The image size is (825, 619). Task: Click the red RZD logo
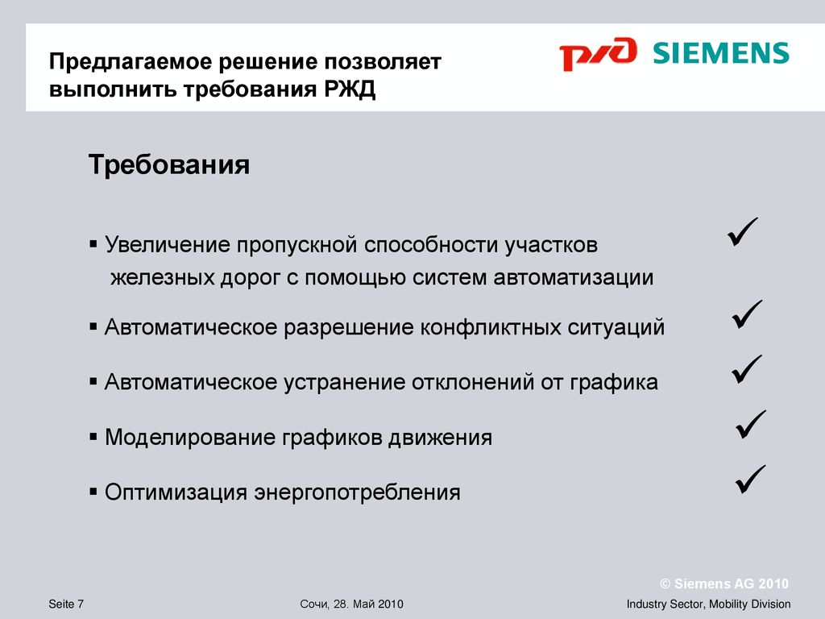(x=598, y=53)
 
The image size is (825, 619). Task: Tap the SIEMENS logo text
(x=721, y=53)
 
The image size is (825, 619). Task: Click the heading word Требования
(x=169, y=164)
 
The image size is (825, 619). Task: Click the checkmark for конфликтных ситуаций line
(x=747, y=314)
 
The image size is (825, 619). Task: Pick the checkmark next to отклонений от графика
(x=747, y=369)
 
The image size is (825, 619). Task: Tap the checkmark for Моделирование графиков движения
(x=751, y=424)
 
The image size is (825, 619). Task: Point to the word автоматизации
(x=574, y=277)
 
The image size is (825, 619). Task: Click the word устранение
(x=344, y=382)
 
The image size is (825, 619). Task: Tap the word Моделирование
(x=190, y=438)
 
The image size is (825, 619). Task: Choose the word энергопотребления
(x=357, y=493)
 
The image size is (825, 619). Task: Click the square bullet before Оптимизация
(x=93, y=492)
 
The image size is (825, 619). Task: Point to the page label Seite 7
(x=66, y=604)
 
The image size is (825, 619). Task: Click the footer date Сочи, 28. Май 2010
(x=351, y=604)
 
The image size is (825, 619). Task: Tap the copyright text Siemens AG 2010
(x=724, y=584)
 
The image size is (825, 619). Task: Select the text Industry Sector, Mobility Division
(x=708, y=604)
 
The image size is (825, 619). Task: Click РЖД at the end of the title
(x=350, y=89)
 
